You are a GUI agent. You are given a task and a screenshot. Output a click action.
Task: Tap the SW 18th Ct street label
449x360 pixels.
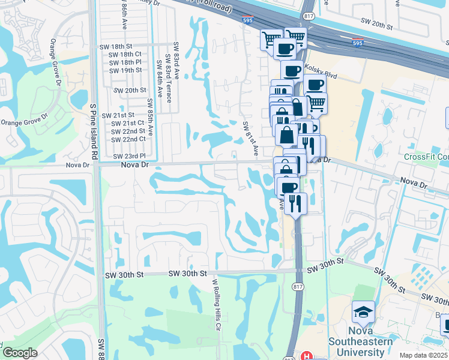(125, 54)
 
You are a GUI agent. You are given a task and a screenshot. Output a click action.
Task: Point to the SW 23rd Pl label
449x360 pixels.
(129, 156)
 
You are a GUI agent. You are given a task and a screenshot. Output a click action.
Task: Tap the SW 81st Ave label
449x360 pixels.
(250, 139)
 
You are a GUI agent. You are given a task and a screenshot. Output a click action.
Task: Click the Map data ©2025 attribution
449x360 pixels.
(422, 355)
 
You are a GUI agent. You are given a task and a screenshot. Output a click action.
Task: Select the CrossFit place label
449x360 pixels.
(426, 157)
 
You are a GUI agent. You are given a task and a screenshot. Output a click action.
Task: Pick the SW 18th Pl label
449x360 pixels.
(125, 62)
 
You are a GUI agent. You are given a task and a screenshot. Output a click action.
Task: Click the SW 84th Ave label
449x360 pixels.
(160, 80)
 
